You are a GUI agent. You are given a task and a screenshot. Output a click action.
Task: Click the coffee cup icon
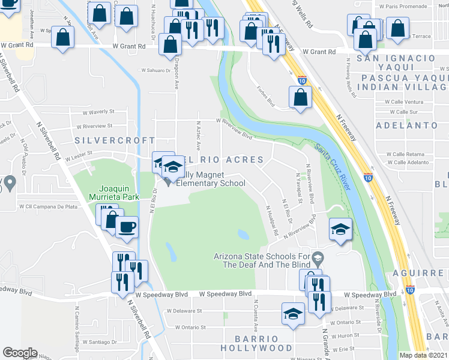tap(127, 227)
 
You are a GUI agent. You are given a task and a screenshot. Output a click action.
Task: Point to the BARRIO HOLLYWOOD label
tap(256, 343)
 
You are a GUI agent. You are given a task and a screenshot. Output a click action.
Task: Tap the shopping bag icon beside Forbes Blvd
tap(300, 97)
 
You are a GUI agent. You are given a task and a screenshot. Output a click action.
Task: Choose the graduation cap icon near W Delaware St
tap(293, 314)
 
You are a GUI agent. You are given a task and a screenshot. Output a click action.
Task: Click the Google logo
tap(20, 353)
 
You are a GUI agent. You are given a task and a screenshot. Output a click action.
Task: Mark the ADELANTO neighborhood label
tap(406, 125)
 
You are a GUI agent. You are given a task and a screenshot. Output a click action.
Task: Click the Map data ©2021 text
tap(424, 355)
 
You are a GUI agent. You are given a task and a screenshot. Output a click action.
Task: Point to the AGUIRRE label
tap(428, 273)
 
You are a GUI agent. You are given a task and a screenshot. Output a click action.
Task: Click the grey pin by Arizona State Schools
tap(318, 259)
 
